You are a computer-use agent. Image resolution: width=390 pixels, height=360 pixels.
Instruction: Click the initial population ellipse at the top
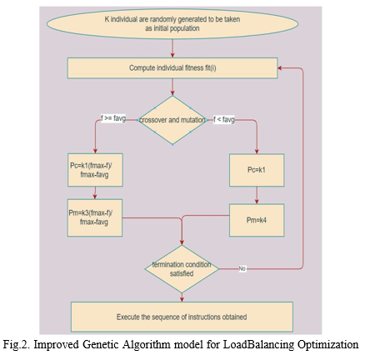[172, 24]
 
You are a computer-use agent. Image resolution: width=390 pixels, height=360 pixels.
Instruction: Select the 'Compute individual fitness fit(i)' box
[172, 68]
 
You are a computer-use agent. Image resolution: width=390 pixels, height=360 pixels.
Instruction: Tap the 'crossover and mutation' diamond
[172, 120]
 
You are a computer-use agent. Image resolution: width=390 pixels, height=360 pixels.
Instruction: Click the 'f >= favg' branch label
[113, 118]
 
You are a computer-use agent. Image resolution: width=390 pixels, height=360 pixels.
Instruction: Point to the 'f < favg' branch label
[224, 120]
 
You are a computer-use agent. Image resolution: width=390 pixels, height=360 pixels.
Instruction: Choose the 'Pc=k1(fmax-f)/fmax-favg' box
[95, 170]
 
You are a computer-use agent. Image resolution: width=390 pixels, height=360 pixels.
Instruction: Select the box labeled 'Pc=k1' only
[257, 170]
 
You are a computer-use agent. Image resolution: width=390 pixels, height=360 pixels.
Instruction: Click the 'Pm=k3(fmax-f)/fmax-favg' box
[95, 217]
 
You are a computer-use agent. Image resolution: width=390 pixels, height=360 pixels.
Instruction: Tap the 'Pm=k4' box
[257, 220]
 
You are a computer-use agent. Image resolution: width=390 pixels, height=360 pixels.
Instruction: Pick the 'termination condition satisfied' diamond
[182, 269]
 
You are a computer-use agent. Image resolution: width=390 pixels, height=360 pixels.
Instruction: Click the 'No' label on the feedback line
[242, 268]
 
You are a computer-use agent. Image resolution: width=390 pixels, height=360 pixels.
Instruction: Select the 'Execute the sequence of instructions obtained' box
[182, 317]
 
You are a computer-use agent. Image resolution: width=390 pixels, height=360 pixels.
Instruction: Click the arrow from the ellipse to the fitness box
[172, 48]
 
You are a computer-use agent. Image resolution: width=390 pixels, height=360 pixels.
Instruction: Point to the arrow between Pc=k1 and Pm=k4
[257, 195]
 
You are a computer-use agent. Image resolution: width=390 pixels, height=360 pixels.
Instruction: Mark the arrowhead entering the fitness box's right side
[280, 68]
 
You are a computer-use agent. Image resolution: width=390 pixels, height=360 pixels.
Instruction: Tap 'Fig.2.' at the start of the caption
[17, 345]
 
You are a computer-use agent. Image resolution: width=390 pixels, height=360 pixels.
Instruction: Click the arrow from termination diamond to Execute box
[182, 297]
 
